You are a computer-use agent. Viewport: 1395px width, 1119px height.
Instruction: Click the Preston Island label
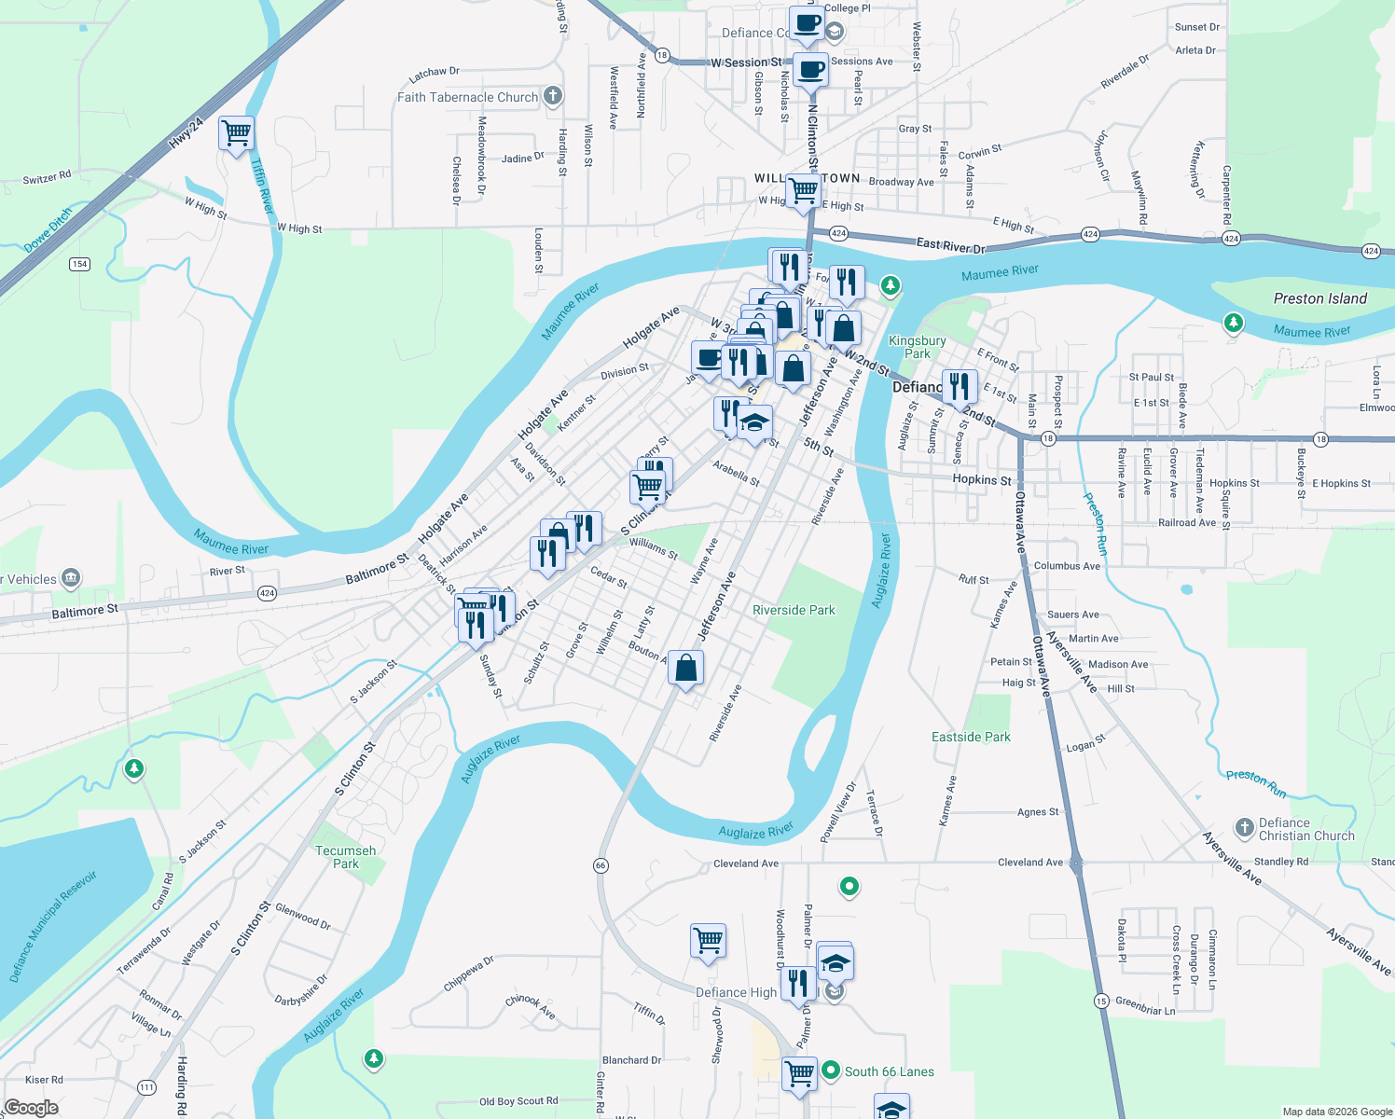(x=1319, y=298)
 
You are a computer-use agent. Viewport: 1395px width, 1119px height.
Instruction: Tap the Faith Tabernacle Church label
(x=467, y=97)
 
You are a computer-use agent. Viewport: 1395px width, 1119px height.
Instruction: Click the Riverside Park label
(x=794, y=610)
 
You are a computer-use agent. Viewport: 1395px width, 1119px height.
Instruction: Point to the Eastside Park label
(x=971, y=737)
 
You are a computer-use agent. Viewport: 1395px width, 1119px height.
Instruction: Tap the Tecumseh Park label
(x=346, y=857)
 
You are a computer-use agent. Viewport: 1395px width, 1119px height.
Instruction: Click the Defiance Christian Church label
(x=1305, y=829)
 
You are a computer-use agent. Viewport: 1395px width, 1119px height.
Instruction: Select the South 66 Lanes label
(x=889, y=1071)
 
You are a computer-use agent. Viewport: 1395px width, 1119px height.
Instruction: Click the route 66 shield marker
(x=601, y=865)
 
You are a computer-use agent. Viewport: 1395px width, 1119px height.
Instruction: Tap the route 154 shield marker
(x=79, y=264)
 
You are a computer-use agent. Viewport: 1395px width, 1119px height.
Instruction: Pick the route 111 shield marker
(x=146, y=1087)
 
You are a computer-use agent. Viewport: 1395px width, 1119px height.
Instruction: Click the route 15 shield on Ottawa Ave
(x=1101, y=1001)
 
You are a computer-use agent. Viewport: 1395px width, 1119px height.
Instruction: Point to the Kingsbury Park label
(x=918, y=347)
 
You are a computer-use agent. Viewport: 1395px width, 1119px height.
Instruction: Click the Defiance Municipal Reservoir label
(x=53, y=928)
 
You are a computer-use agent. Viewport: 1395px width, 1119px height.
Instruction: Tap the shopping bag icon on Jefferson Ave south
(x=685, y=668)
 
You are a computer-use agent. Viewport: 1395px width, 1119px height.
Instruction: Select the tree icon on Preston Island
(x=1234, y=323)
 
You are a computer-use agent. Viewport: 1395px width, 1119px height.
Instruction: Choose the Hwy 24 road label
(x=186, y=134)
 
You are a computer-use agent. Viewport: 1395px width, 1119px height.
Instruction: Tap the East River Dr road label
(x=950, y=245)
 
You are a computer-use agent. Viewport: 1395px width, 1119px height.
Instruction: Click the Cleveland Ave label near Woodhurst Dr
(x=745, y=863)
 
